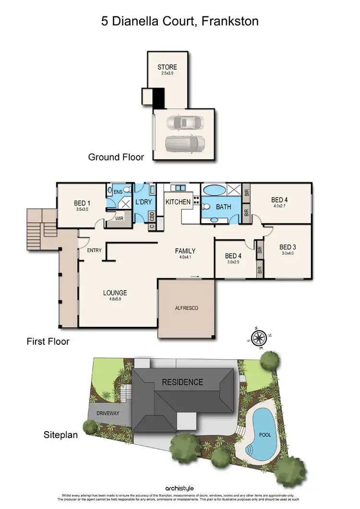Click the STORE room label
pos(167,67)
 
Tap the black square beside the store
pos(159,97)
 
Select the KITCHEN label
pos(178,202)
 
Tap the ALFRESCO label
pos(187,308)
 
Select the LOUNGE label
pos(115,292)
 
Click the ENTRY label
pos(94,251)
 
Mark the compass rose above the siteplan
pos(259,337)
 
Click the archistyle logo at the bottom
pos(180,488)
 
